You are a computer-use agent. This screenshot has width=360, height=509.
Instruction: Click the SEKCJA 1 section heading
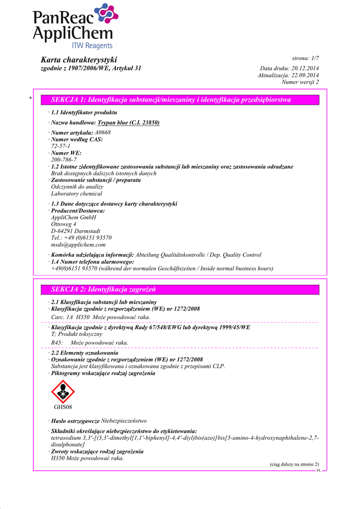tap(171, 100)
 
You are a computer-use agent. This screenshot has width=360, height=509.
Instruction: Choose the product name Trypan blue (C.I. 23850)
tap(128, 122)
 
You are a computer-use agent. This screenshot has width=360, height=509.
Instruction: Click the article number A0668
tap(102, 133)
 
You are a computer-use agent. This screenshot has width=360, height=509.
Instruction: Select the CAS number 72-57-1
tap(61, 146)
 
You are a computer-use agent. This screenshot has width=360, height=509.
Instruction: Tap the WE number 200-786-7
tap(64, 160)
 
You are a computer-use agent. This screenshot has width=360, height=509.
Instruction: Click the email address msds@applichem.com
tap(78, 245)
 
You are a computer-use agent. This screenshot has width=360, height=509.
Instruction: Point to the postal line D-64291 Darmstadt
tap(76, 231)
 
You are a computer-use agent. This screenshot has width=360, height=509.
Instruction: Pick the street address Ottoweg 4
tap(64, 224)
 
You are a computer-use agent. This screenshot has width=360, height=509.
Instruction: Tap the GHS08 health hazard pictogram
tap(63, 391)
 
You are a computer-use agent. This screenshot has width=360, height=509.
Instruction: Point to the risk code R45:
tap(57, 342)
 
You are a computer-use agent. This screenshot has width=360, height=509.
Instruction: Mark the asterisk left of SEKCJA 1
tap(31, 99)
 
